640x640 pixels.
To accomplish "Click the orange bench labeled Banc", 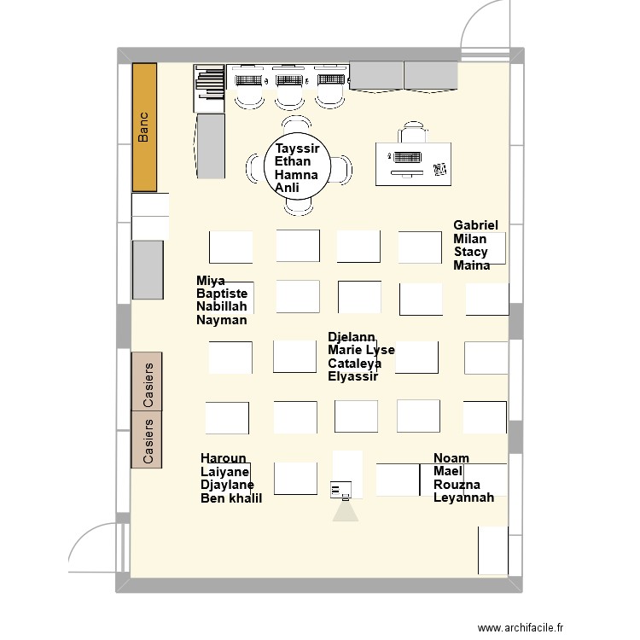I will pos(144,126).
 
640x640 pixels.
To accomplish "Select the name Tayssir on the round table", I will pos(297,148).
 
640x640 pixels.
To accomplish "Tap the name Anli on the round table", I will pos(287,188).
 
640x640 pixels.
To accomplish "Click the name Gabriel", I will pos(475,225).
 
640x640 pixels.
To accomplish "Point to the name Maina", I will pos(472,265).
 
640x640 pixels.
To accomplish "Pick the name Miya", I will pos(210,281).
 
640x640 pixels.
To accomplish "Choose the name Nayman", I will pos(221,320).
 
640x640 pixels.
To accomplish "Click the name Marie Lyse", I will pos(361,350).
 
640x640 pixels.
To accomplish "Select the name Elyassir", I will pos(352,376).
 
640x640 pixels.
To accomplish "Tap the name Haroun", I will pos(223,458).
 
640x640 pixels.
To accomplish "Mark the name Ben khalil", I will pos(230,498).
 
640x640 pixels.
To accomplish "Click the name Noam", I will pos(451,458).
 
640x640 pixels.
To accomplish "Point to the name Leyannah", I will pos(463,498).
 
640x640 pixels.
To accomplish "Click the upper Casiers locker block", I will pos(147,381).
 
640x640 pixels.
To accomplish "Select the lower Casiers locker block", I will pos(147,439).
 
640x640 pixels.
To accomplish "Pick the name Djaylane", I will pos(227,485).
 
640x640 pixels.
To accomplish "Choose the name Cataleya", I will pos(354,364).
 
